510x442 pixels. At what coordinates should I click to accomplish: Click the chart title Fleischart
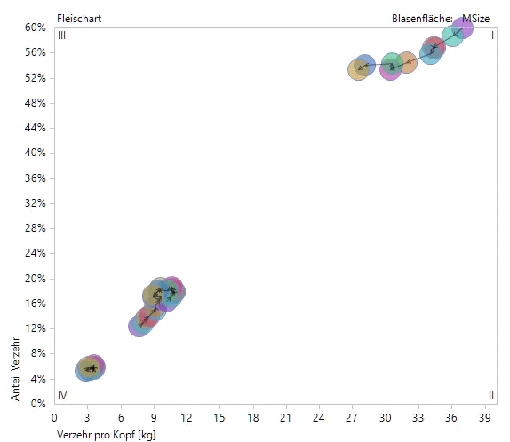coord(78,18)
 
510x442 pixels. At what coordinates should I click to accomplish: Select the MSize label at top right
coord(477,18)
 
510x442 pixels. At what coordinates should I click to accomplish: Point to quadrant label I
coord(492,36)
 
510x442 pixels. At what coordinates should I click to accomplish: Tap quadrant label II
coord(490,395)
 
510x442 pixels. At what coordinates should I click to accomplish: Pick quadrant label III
coord(61,36)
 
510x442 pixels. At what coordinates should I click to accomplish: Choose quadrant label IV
coord(62,395)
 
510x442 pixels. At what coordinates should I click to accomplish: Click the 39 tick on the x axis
coord(485,416)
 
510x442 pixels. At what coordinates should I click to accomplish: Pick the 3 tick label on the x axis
coord(88,416)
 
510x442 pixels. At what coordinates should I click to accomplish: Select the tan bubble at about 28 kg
coord(358,69)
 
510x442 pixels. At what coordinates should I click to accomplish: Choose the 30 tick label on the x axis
coord(386,416)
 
